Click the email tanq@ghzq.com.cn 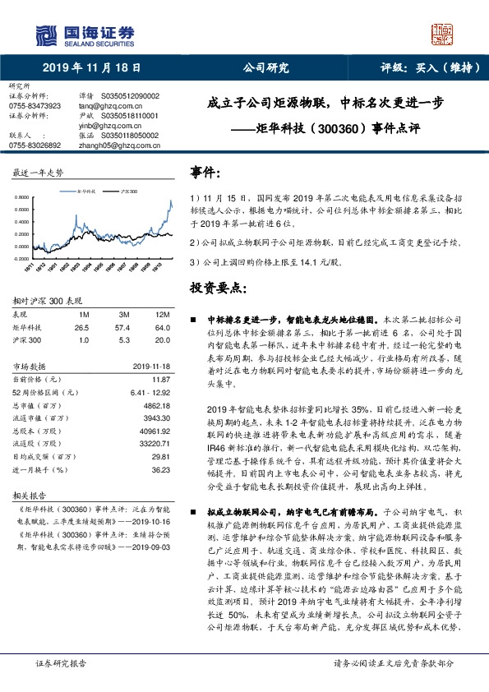point(113,106)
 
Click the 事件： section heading point(205,173)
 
